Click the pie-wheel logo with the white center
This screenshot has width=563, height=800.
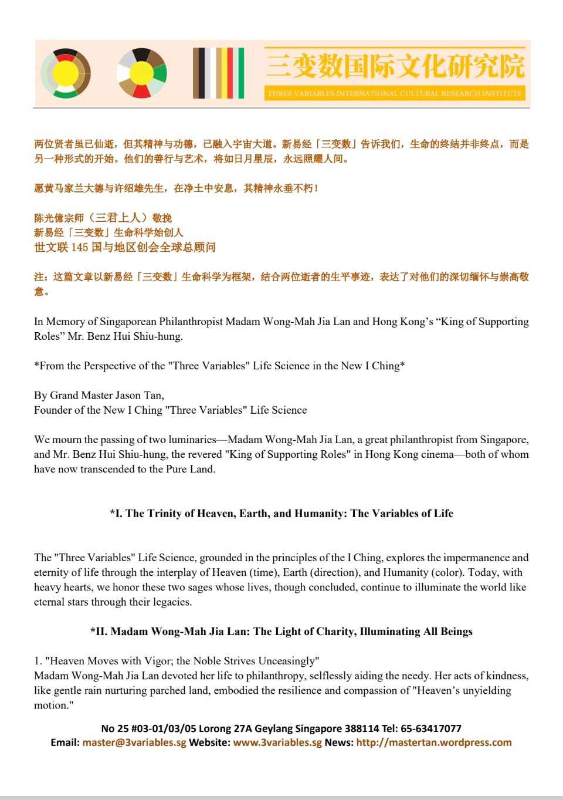coord(141,73)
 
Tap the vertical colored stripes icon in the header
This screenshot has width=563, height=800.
coord(218,73)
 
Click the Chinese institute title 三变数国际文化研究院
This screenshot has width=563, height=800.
coord(395,65)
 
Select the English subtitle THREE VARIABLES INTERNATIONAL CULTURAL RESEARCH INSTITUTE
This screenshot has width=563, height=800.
coord(394,93)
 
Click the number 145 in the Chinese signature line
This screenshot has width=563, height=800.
coord(80,247)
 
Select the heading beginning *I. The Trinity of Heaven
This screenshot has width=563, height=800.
coord(281,513)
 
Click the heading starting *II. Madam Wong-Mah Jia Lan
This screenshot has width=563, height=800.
coord(281,632)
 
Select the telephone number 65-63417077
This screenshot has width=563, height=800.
coord(431,728)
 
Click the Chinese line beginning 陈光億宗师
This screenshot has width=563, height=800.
coord(103,218)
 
